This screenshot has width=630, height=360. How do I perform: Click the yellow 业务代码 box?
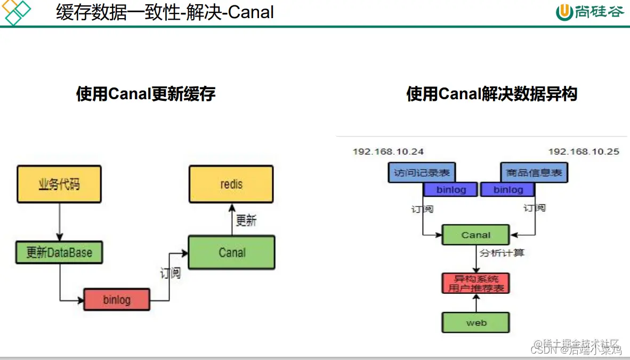(x=59, y=184)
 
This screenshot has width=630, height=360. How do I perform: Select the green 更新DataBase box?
(x=59, y=252)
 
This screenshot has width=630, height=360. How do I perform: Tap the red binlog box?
(x=117, y=299)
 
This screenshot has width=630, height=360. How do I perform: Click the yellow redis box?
(x=231, y=184)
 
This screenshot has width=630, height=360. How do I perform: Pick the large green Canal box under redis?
(x=232, y=252)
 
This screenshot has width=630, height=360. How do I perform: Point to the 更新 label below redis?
(x=246, y=220)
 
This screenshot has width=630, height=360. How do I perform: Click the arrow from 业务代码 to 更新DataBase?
(x=59, y=221)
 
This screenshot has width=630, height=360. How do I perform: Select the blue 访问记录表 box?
(x=422, y=173)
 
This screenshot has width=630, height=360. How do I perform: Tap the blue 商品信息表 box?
(x=534, y=173)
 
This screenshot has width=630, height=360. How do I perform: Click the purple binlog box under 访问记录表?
(x=450, y=189)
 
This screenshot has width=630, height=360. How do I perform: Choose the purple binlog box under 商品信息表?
(x=508, y=189)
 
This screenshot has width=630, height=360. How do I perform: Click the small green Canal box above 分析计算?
(x=476, y=235)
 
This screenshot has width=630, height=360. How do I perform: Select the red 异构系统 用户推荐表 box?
(x=476, y=283)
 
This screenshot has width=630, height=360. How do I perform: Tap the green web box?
(x=476, y=323)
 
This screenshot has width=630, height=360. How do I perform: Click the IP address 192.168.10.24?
(x=388, y=151)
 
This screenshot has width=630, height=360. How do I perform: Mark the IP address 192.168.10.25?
(x=584, y=151)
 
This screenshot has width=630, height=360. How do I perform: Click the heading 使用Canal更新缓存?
(x=146, y=94)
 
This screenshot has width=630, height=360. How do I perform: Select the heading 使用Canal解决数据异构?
(x=491, y=94)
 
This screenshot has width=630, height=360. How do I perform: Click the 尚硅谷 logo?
(x=589, y=12)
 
